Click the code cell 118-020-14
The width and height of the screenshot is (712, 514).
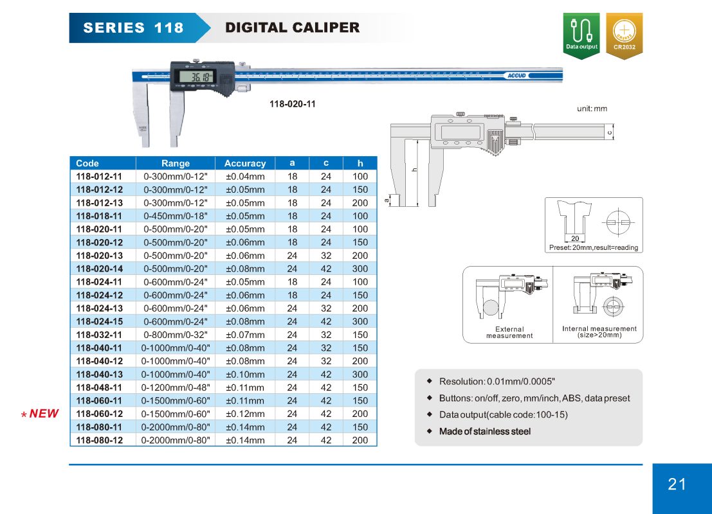pyautogui.click(x=100, y=269)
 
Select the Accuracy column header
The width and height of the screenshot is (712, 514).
pyautogui.click(x=245, y=163)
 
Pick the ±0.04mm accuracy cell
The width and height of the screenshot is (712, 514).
pyautogui.click(x=245, y=177)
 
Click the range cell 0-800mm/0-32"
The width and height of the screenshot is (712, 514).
pyautogui.click(x=176, y=335)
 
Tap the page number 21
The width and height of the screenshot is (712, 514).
pyautogui.click(x=677, y=484)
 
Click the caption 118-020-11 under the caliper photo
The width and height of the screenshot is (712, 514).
pyautogui.click(x=293, y=104)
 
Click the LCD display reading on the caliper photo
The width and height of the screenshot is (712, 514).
pyautogui.click(x=196, y=77)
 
